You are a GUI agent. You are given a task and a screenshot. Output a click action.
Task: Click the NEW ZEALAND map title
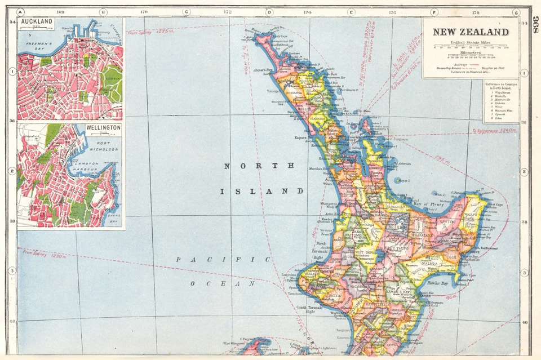pos(471,32)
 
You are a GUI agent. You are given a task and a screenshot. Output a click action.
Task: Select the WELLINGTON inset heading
pos(103,128)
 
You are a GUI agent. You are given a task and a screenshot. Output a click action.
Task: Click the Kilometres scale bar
pos(471,56)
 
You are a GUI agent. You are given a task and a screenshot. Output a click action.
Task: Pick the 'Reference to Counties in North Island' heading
pos(501,87)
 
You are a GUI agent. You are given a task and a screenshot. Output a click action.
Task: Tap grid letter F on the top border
pos(434,12)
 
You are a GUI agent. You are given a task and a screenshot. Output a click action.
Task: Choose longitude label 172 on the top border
pos(227,12)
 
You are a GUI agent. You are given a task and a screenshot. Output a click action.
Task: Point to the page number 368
pos(535,25)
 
